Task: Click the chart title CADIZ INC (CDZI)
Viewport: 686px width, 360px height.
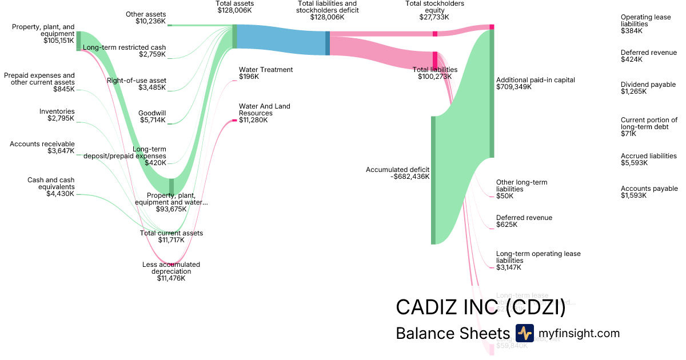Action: click(480, 307)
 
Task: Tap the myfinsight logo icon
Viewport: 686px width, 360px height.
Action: click(524, 333)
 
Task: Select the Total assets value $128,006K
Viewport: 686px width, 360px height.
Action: click(235, 10)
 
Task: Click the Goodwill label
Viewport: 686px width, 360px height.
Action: click(152, 113)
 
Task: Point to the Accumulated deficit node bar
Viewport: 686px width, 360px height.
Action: click(433, 180)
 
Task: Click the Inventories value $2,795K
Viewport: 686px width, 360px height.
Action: click(61, 118)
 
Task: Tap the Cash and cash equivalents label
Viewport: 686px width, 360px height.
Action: click(51, 183)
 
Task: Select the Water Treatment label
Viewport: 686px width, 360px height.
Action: click(266, 70)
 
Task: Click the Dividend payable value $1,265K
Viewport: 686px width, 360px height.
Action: click(634, 91)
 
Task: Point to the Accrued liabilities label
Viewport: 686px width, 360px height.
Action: click(648, 156)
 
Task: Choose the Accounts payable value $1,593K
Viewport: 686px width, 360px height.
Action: click(633, 195)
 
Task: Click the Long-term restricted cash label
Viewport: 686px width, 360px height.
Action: click(125, 47)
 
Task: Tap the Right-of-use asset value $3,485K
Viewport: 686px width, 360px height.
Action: click(152, 87)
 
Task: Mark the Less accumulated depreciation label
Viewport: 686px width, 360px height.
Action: click(171, 268)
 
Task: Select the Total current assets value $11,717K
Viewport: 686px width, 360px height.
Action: click(171, 240)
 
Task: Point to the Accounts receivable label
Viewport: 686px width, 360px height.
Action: click(42, 144)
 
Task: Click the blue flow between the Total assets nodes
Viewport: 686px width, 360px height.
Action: click(280, 40)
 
